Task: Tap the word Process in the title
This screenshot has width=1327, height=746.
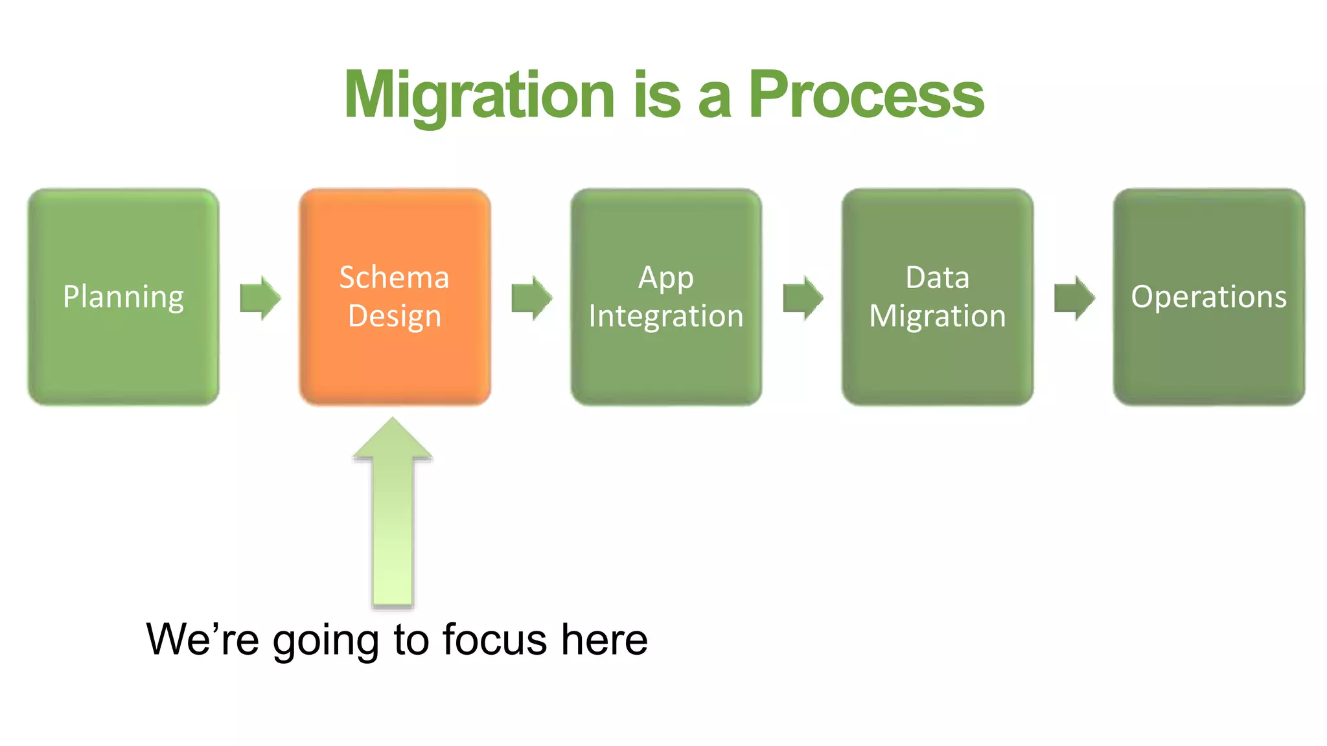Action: (x=866, y=96)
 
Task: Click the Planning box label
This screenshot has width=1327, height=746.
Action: (x=123, y=297)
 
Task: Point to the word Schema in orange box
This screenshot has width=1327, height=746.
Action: (x=394, y=277)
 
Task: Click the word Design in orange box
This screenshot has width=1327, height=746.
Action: (x=394, y=316)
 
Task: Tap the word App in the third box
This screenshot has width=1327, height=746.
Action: (x=666, y=278)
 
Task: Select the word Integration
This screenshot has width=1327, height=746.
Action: (x=666, y=316)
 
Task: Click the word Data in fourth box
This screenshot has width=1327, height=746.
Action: (x=937, y=277)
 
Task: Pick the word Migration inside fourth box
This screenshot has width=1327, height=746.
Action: (x=937, y=316)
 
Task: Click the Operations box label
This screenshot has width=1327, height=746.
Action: (x=1208, y=297)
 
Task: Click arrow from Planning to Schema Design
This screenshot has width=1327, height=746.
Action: (x=260, y=298)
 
